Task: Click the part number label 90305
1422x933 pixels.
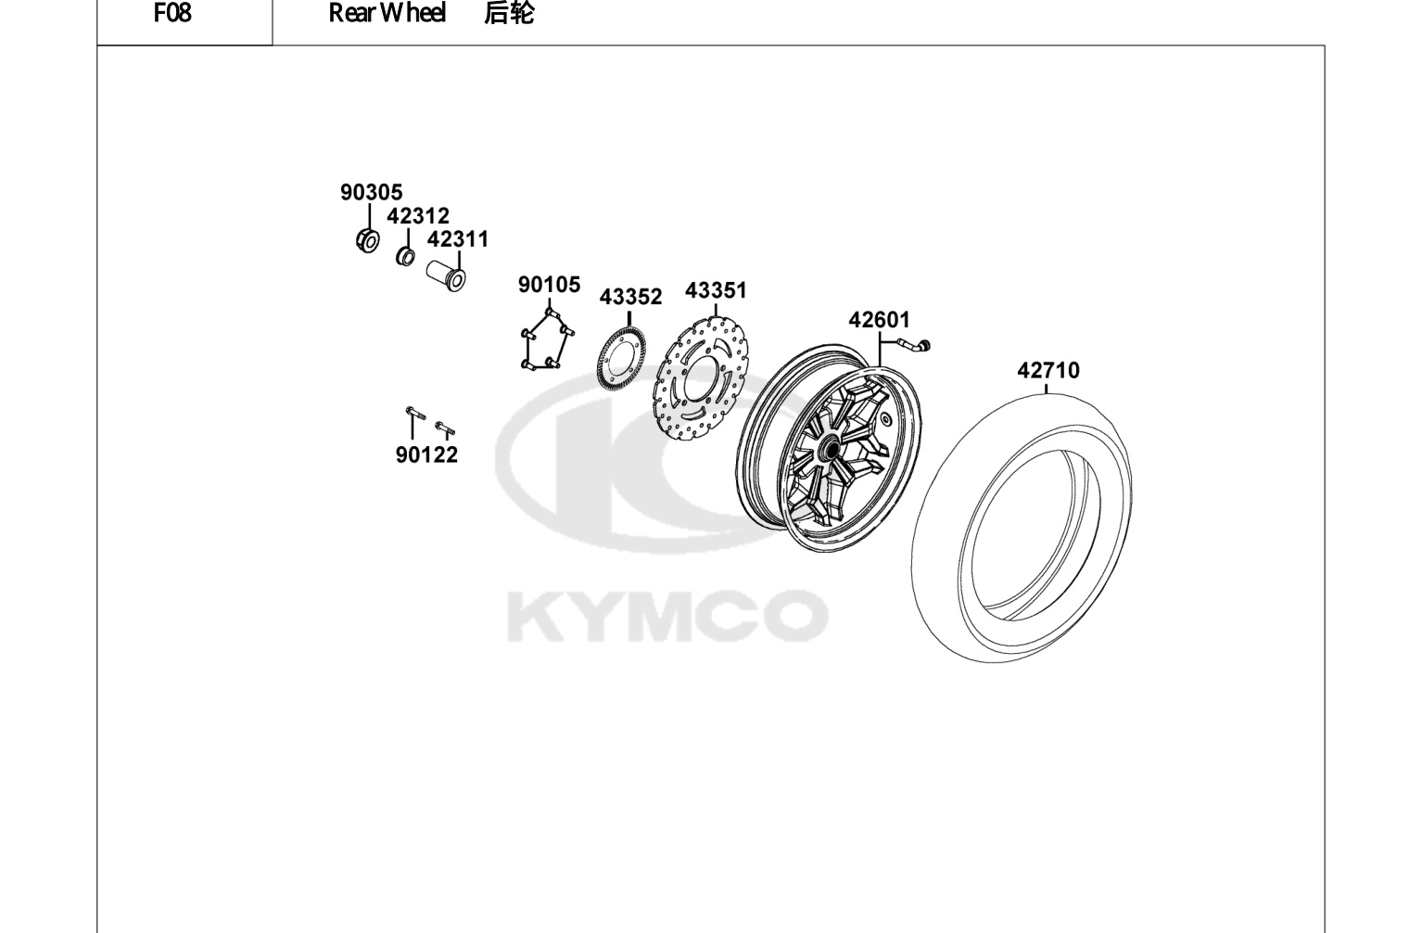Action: pyautogui.click(x=372, y=192)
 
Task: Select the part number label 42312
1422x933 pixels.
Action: pyautogui.click(x=418, y=216)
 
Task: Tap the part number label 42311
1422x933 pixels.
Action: pyautogui.click(x=458, y=239)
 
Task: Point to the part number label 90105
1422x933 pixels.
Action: pyautogui.click(x=549, y=285)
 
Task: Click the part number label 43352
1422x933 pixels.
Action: pyautogui.click(x=630, y=297)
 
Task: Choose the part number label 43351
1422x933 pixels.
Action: pyautogui.click(x=716, y=290)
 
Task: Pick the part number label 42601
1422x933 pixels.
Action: pyautogui.click(x=879, y=319)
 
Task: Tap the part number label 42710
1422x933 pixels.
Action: pyautogui.click(x=1048, y=370)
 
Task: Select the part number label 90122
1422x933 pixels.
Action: pyautogui.click(x=426, y=454)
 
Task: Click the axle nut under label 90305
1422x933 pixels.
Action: pyautogui.click(x=368, y=240)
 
